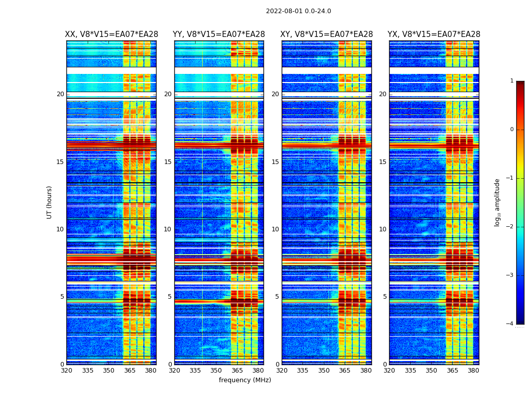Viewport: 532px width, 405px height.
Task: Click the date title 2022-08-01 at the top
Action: [x=298, y=11]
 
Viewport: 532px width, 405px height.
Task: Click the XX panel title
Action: [x=111, y=34]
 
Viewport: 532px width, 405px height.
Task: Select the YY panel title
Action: [x=219, y=34]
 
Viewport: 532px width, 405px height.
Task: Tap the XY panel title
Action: [x=327, y=34]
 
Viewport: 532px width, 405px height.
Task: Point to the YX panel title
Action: [x=434, y=34]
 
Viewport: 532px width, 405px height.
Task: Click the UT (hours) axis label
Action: [x=50, y=202]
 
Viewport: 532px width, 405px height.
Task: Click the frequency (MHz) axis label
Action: [x=245, y=380]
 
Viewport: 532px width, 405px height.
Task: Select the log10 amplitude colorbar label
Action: [x=498, y=202]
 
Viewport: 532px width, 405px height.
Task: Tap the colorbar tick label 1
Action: [x=511, y=81]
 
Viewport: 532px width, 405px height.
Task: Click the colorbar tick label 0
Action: [x=511, y=130]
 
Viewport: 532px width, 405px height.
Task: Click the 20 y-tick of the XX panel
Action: [x=60, y=94]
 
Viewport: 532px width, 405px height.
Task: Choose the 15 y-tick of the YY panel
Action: [x=168, y=162]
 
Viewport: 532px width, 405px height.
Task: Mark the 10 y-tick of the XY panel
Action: [x=275, y=229]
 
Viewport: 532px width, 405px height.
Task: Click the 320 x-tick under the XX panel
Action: [x=66, y=371]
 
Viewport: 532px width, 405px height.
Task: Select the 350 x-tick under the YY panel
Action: [x=216, y=371]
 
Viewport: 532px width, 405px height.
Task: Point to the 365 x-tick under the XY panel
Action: [x=345, y=371]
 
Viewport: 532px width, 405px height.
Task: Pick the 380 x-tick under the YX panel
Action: [x=473, y=371]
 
